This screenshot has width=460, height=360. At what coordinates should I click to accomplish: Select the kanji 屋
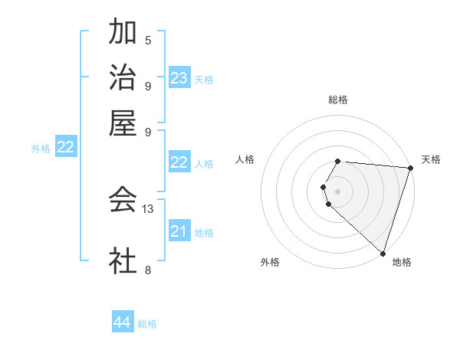click(x=123, y=123)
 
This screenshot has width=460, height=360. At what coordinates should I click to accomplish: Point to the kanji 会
click(x=123, y=200)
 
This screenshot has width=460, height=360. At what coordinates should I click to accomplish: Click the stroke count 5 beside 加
click(x=148, y=40)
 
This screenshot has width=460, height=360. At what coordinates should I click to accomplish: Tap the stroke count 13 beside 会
click(x=149, y=208)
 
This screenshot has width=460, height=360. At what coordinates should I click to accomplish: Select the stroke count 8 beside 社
click(x=148, y=270)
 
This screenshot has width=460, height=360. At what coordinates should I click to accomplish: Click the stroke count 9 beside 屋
click(x=148, y=131)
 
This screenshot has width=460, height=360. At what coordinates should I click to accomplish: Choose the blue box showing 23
click(x=179, y=78)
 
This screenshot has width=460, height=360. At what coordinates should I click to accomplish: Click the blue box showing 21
click(x=179, y=231)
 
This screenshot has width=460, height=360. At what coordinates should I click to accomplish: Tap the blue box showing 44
click(x=122, y=322)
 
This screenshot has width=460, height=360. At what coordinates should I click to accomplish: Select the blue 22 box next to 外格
click(x=65, y=147)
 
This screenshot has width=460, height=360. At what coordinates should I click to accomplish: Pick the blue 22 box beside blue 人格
click(x=179, y=162)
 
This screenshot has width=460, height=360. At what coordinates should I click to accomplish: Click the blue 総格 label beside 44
click(x=147, y=324)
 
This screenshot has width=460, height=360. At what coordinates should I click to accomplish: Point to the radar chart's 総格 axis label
click(x=337, y=100)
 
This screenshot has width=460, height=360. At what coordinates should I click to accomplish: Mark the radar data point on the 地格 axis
click(x=383, y=253)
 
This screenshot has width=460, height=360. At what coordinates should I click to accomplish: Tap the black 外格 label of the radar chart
click(x=270, y=263)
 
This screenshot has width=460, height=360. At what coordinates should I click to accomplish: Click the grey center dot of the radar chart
click(x=337, y=191)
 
